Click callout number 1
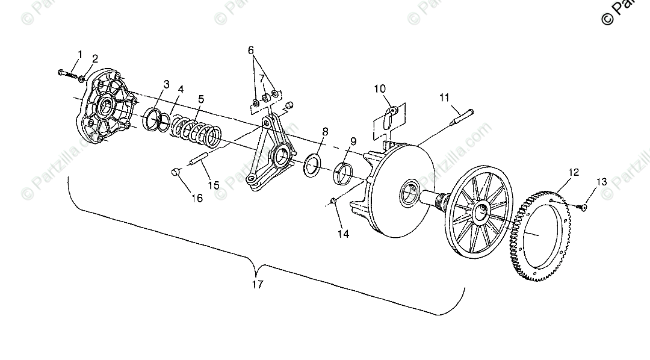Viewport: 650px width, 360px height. (x=79, y=55)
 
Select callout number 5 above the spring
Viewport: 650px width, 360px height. (x=200, y=98)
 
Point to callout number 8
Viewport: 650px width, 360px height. (x=325, y=131)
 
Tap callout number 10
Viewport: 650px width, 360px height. (x=380, y=89)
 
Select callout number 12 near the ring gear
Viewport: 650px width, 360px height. (x=573, y=173)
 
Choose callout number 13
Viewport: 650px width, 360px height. (x=602, y=182)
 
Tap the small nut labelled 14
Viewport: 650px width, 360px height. (x=333, y=200)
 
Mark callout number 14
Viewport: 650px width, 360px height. (x=342, y=234)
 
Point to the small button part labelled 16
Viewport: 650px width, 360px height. (x=175, y=173)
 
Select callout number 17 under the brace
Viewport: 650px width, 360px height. (x=257, y=285)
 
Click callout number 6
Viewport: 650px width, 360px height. (x=251, y=51)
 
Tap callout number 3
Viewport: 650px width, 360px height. (x=166, y=84)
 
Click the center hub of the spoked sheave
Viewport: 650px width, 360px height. (x=482, y=211)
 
